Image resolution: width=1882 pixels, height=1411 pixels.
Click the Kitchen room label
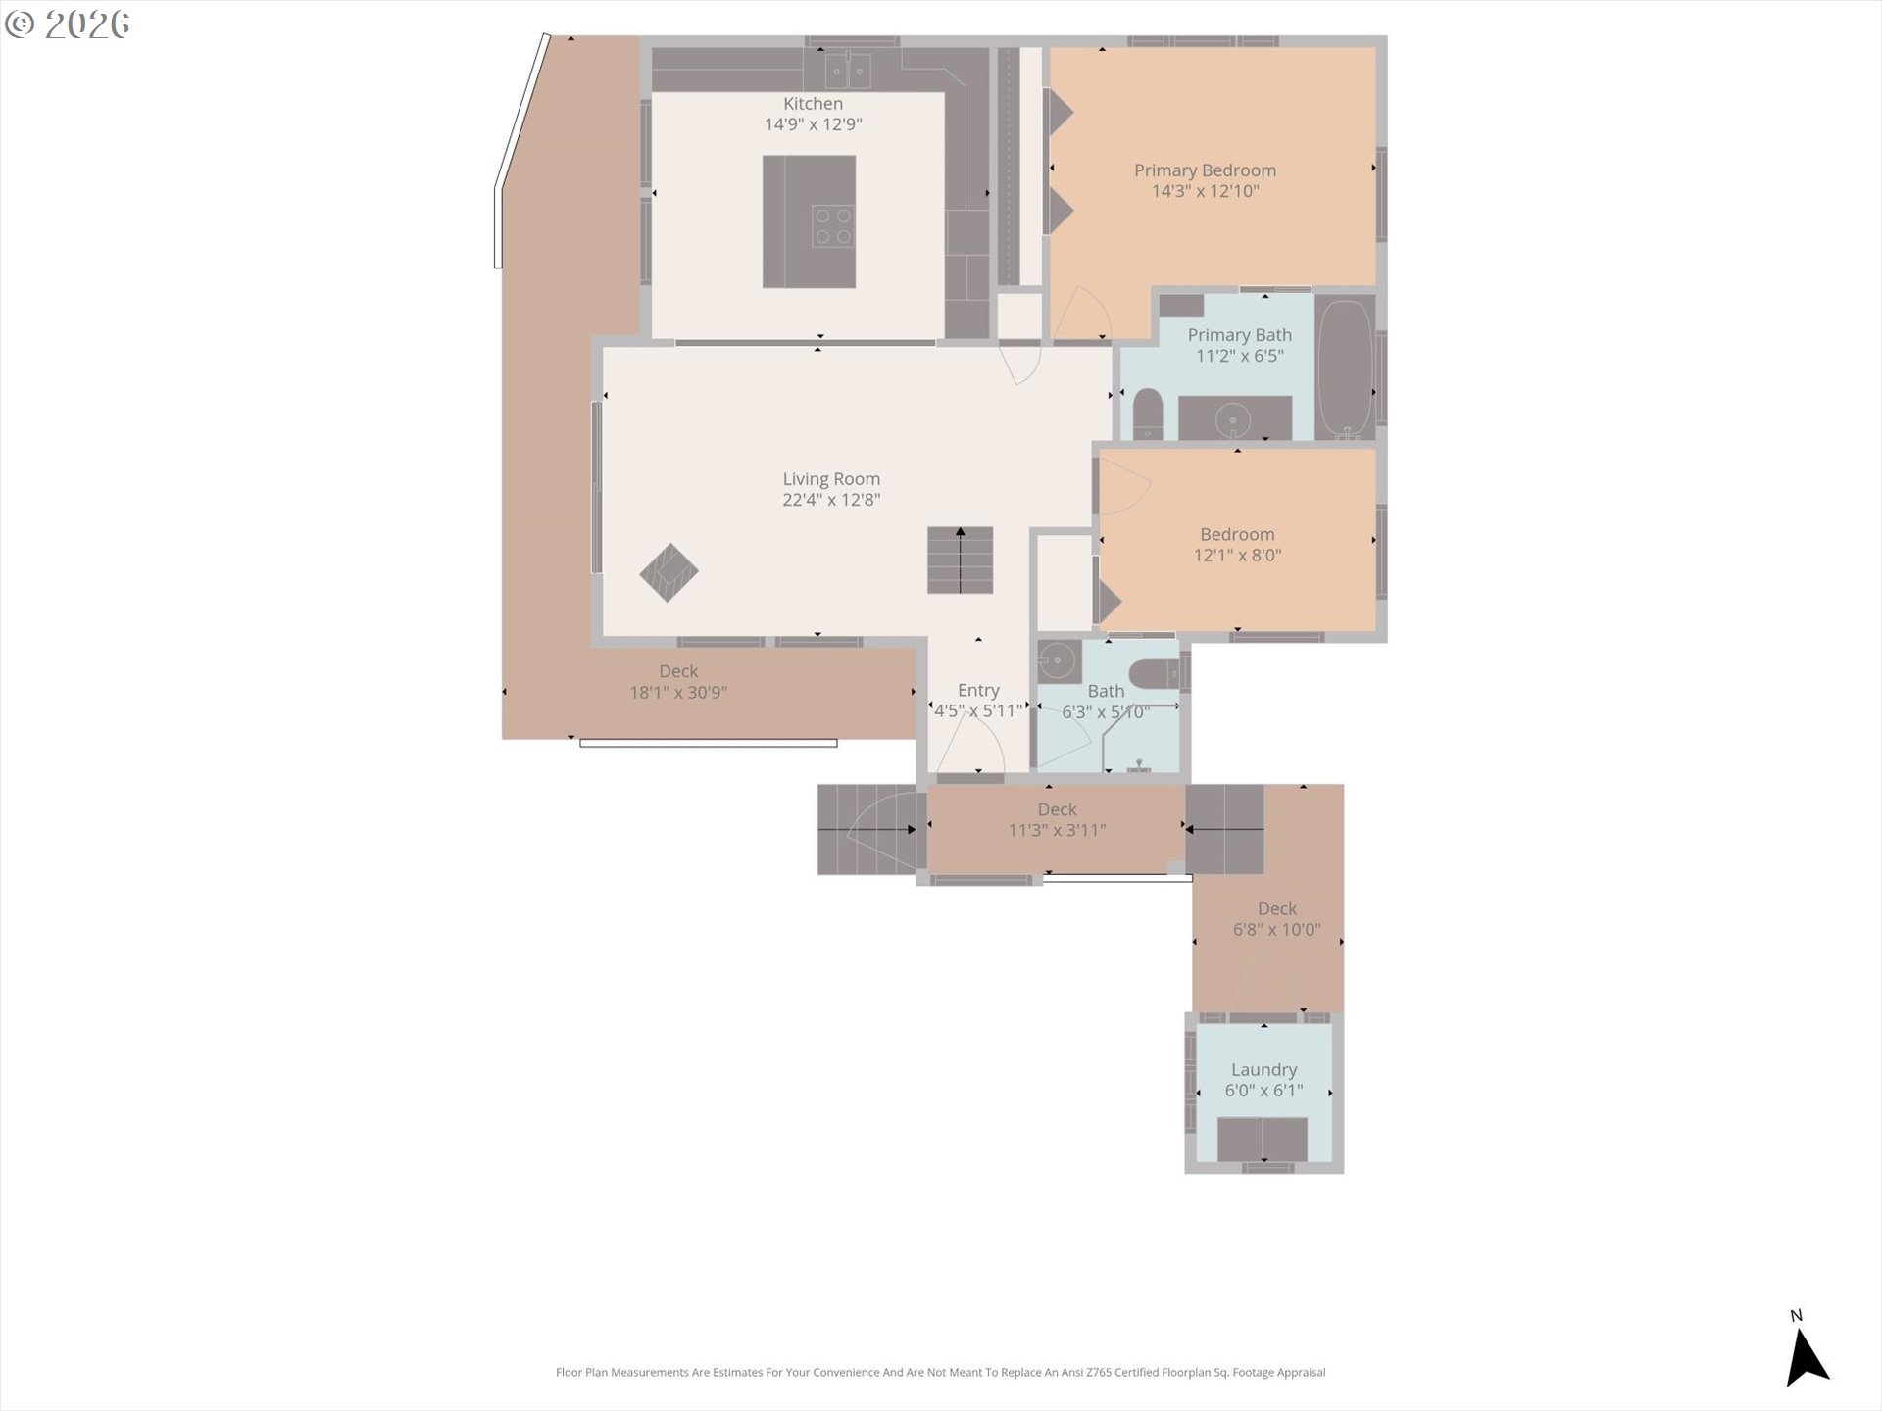pyautogui.click(x=813, y=104)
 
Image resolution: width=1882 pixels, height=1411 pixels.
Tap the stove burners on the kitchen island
pyautogui.click(x=834, y=226)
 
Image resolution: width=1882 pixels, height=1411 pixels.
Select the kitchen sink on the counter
pyautogui.click(x=848, y=71)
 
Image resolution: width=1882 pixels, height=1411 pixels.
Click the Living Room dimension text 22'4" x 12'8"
pyautogui.click(x=831, y=500)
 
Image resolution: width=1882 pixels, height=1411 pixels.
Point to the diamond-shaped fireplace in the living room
pyautogui.click(x=669, y=572)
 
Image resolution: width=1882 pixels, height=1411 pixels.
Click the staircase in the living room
pyautogui.click(x=961, y=560)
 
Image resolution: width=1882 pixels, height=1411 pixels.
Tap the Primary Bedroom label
pyautogui.click(x=1206, y=170)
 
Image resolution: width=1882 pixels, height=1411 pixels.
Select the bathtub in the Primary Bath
pyautogui.click(x=1345, y=368)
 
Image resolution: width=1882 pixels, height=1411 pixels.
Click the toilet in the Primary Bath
pyautogui.click(x=1148, y=414)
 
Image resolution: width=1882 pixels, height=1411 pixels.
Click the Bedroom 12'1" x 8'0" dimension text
pyautogui.click(x=1237, y=556)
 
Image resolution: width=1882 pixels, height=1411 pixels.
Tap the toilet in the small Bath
pyautogui.click(x=1157, y=674)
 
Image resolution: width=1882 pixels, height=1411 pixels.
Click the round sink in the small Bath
pyautogui.click(x=1058, y=661)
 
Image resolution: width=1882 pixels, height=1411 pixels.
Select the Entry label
pyautogui.click(x=978, y=691)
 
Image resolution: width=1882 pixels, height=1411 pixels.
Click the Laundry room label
pyautogui.click(x=1264, y=1070)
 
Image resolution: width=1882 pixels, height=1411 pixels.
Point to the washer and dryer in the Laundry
pyautogui.click(x=1262, y=1140)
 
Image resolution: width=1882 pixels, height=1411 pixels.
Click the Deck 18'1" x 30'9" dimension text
pyautogui.click(x=678, y=693)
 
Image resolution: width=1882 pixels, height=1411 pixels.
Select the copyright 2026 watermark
pyautogui.click(x=67, y=24)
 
